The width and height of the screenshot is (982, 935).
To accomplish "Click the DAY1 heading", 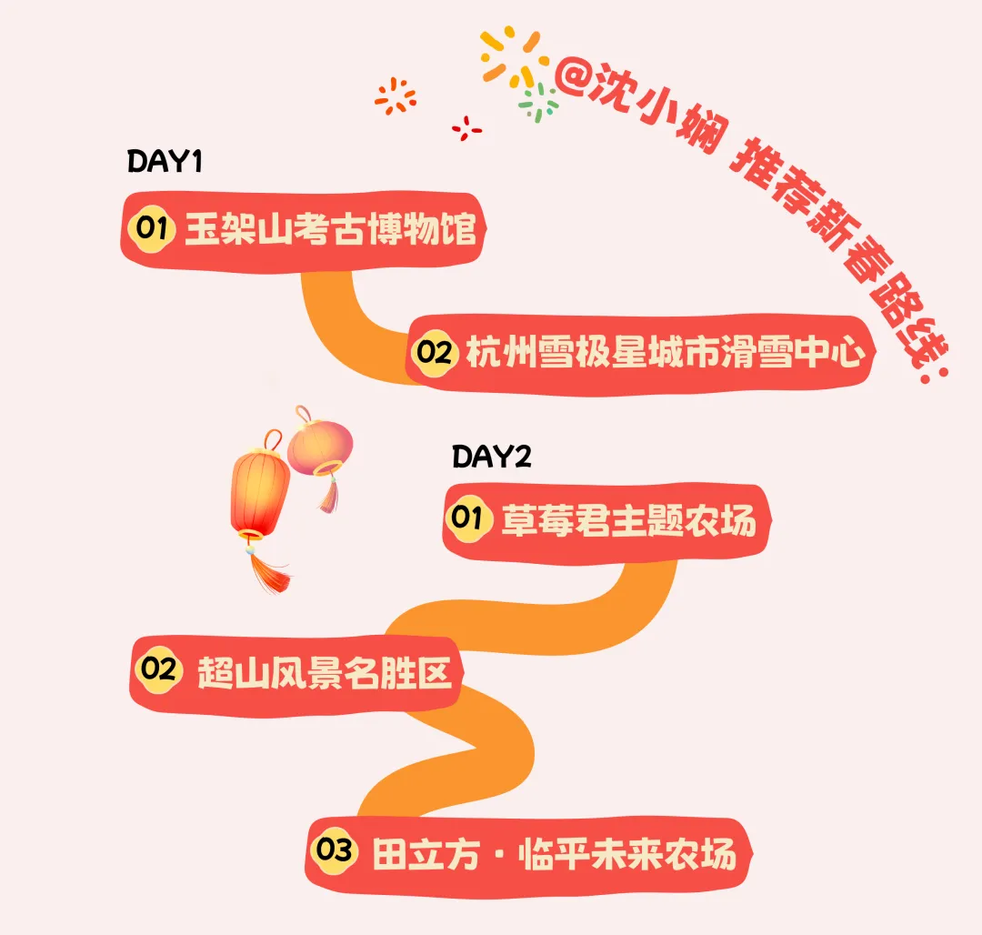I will tap(164, 162).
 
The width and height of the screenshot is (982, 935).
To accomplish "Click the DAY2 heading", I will tap(491, 456).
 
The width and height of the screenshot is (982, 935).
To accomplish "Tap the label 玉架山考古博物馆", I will tap(330, 229).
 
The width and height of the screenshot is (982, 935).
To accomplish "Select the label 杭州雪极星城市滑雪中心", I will tap(664, 352).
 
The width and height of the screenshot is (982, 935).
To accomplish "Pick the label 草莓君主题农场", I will tap(628, 521).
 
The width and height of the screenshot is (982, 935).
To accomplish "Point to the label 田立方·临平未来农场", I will tap(554, 854).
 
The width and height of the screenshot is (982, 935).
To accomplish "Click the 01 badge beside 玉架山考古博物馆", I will tap(152, 228).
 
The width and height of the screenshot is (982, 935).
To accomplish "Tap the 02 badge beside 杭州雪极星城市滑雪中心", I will tap(435, 352).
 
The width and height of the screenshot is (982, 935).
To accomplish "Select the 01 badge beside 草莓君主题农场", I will tap(467, 519).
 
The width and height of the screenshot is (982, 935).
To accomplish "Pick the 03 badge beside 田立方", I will tap(334, 852).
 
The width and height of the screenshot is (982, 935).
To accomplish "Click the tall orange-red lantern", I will tap(259, 491).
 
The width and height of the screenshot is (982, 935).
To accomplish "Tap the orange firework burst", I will tap(396, 96).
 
